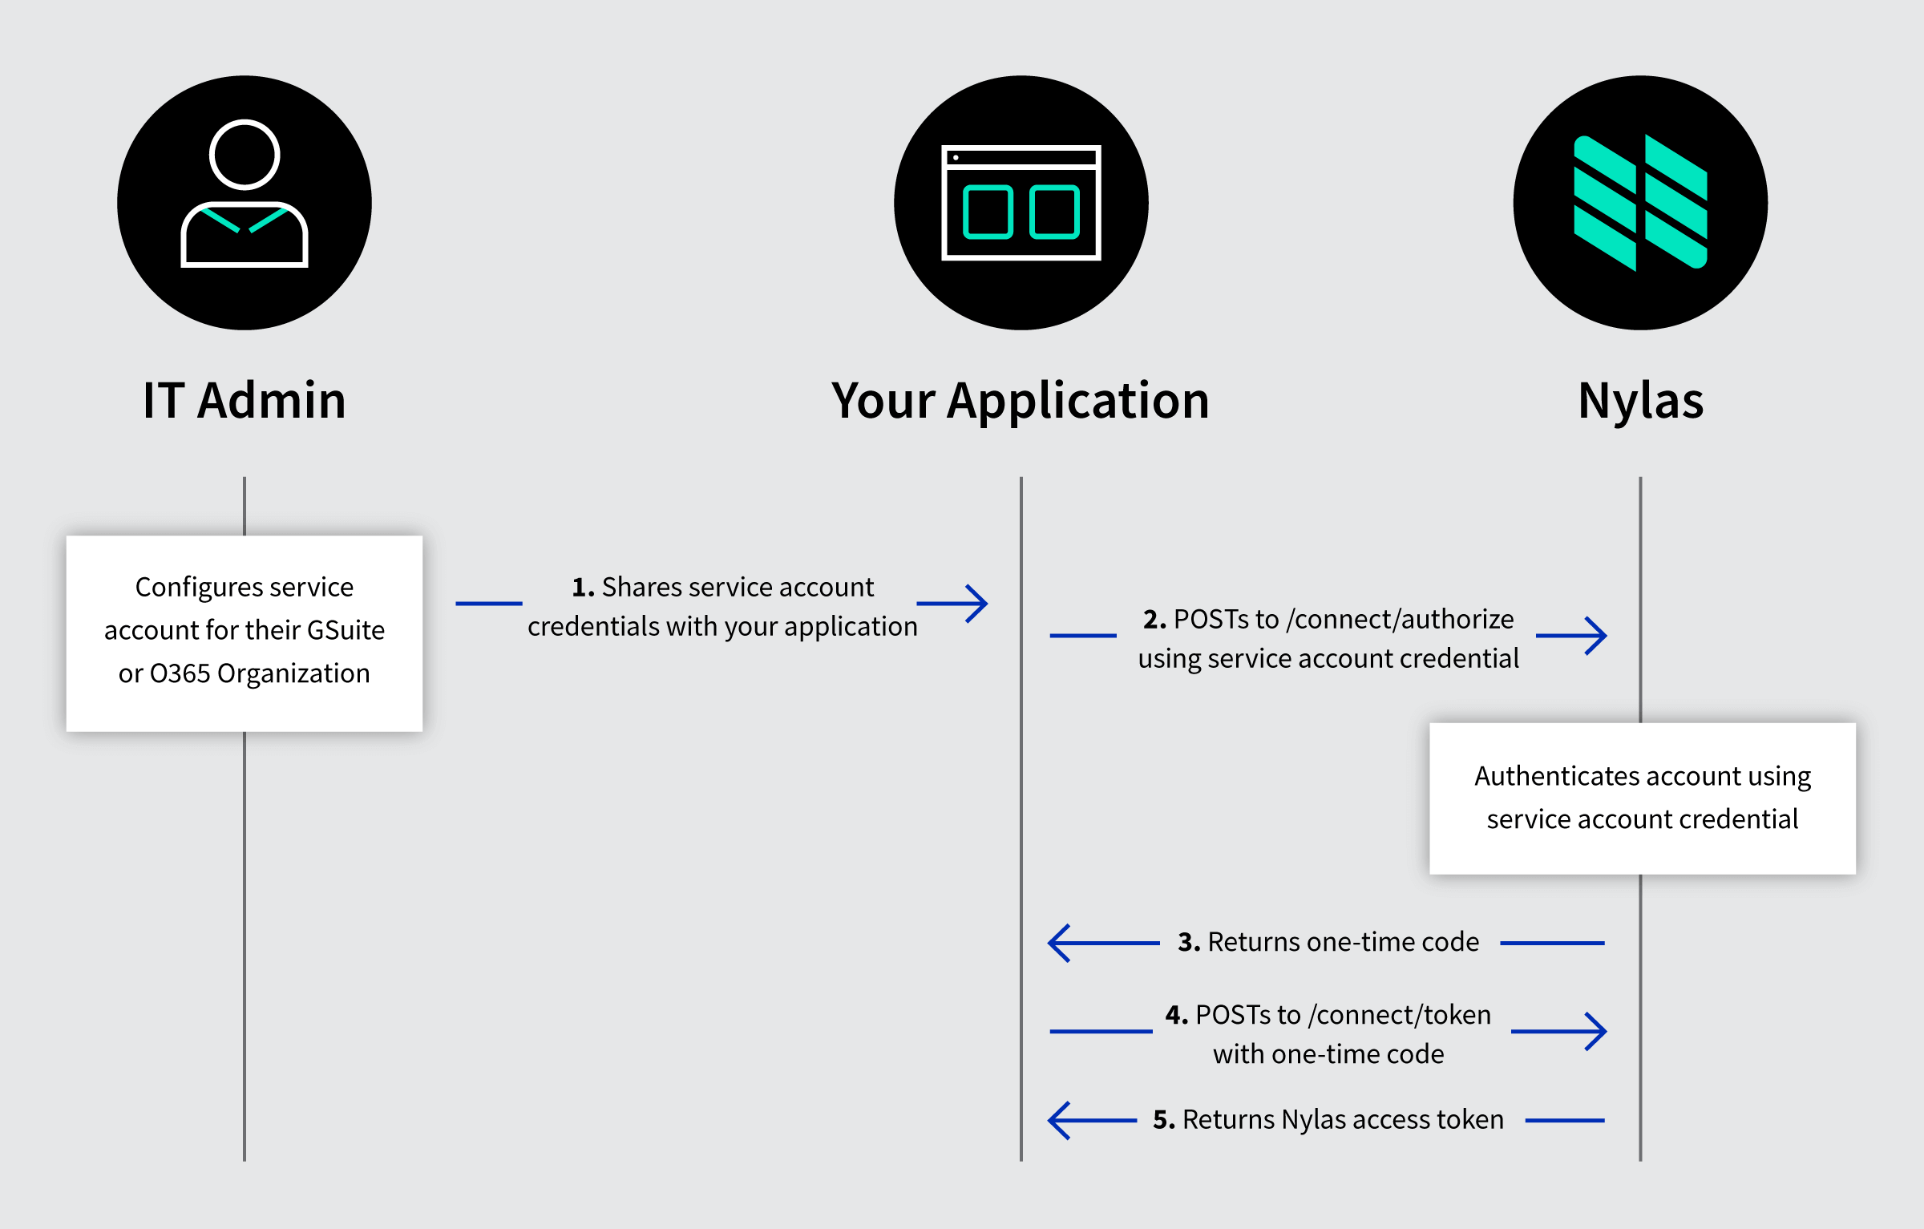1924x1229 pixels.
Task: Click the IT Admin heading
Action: [244, 401]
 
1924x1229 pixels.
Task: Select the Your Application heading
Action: [1020, 401]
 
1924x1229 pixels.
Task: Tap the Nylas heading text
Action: [1640, 401]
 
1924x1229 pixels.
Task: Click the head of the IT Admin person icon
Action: [245, 155]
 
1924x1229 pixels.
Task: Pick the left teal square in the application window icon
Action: [988, 212]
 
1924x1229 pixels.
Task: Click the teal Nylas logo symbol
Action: [1640, 203]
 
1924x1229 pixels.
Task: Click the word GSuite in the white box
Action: [346, 630]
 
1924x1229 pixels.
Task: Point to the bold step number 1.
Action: [583, 588]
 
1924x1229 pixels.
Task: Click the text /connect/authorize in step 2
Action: [1400, 620]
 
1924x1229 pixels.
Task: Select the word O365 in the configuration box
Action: [180, 673]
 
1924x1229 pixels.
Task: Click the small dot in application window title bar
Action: [956, 158]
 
